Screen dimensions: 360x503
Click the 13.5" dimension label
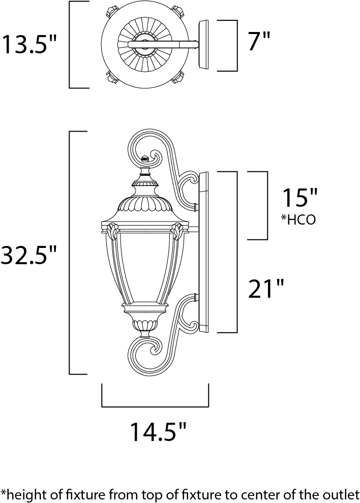click(29, 45)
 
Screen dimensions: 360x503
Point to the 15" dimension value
click(299, 198)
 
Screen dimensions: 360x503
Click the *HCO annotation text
click(298, 219)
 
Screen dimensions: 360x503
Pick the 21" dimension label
click(266, 289)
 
